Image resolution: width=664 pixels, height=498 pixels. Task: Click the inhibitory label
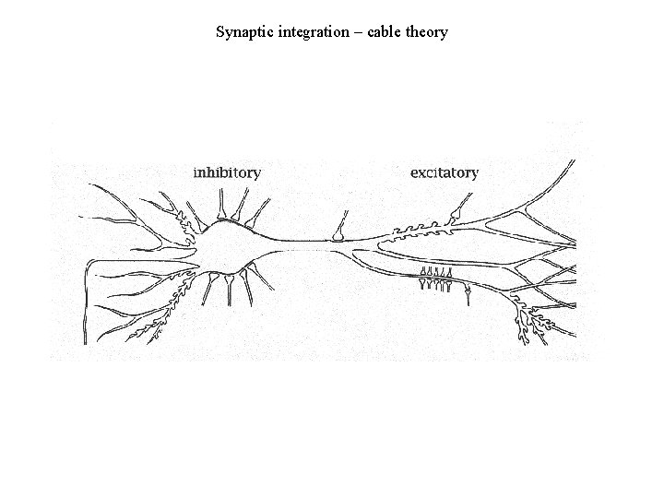coord(227,172)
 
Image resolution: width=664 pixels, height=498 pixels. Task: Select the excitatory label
coord(445,172)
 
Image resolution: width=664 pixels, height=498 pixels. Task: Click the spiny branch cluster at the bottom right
coord(533,323)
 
